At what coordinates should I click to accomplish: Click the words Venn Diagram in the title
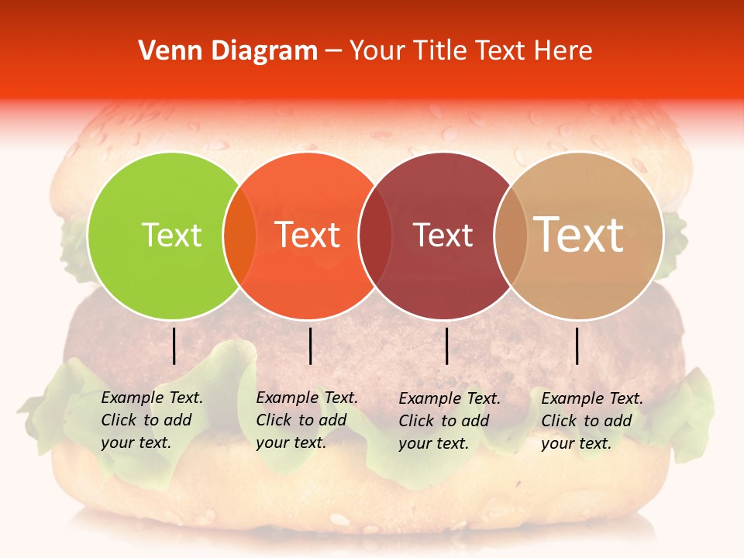pyautogui.click(x=228, y=51)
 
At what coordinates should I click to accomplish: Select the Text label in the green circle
pyautogui.click(x=171, y=235)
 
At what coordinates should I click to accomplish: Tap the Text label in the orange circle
pyautogui.click(x=308, y=235)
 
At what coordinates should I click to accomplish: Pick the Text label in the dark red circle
pyautogui.click(x=443, y=235)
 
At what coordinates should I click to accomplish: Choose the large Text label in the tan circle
pyautogui.click(x=579, y=235)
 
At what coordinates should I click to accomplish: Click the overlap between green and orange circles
pyautogui.click(x=239, y=236)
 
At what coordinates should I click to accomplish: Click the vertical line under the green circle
pyautogui.click(x=174, y=346)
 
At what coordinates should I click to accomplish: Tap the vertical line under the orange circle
pyautogui.click(x=310, y=346)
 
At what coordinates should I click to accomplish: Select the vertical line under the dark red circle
pyautogui.click(x=446, y=346)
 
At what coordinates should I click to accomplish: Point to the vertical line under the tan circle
pyautogui.click(x=577, y=346)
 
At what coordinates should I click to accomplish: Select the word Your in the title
pyautogui.click(x=375, y=51)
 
